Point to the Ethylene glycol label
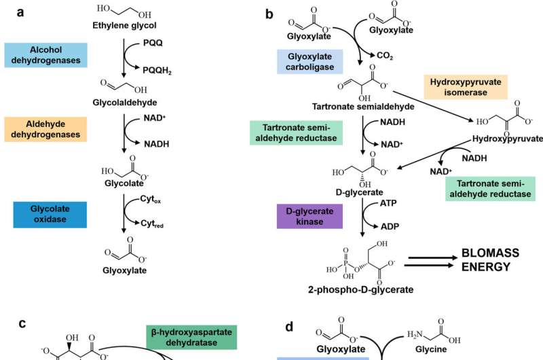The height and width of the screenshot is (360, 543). point(125,26)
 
